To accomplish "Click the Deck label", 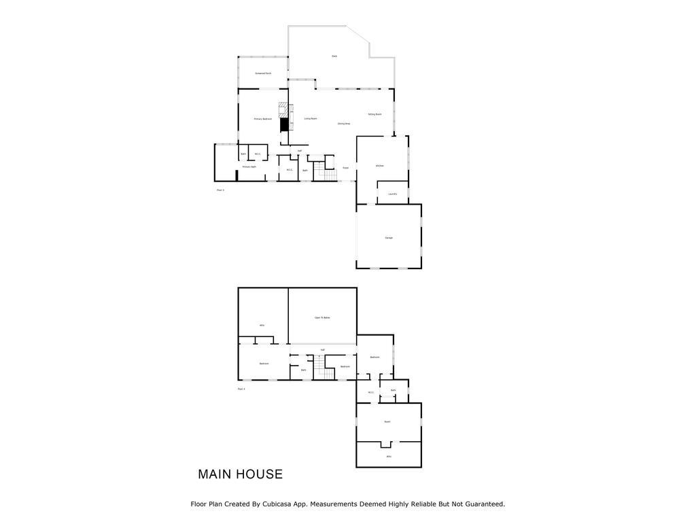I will click(334, 56).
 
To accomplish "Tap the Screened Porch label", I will click(263, 73).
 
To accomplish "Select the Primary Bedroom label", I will click(263, 119).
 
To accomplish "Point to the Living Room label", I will click(311, 119).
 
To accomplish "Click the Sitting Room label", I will click(375, 114).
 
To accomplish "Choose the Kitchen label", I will click(380, 166).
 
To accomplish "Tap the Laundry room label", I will click(393, 194).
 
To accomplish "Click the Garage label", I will click(389, 238).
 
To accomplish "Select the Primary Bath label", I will click(249, 167).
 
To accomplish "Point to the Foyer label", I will click(345, 168).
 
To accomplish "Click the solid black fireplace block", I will click(285, 125).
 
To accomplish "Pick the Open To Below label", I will click(322, 317).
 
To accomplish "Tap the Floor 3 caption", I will click(220, 190).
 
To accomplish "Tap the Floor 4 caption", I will click(241, 389).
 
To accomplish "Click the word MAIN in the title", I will click(215, 474).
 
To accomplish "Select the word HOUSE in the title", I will click(260, 474).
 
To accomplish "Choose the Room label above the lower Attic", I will click(387, 421).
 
